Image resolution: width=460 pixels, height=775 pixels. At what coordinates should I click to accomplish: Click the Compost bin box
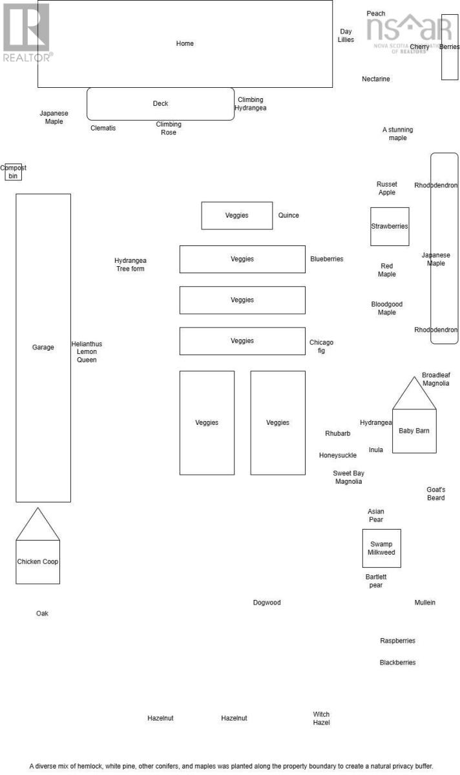tap(13, 172)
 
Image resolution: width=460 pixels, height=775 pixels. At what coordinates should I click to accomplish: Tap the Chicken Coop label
tap(37, 562)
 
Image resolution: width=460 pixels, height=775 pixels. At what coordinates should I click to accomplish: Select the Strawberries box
tap(390, 227)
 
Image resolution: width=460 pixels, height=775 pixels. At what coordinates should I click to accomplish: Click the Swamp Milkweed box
tap(381, 548)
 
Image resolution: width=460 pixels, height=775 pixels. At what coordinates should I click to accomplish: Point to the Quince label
tap(289, 216)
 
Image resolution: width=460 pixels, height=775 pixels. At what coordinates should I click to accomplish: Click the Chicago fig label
tap(321, 347)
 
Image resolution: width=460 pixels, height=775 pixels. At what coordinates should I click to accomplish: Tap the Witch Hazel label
tap(321, 719)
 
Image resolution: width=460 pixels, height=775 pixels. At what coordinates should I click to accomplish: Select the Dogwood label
tap(267, 603)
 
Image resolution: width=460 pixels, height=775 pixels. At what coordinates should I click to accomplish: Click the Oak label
tap(42, 614)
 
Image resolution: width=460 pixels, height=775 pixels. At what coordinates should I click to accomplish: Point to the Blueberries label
tap(327, 259)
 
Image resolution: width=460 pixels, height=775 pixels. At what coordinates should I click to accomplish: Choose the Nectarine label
tap(376, 79)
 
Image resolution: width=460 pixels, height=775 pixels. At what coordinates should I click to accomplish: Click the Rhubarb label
tap(338, 434)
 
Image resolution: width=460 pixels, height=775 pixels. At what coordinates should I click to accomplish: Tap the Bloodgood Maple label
tap(387, 309)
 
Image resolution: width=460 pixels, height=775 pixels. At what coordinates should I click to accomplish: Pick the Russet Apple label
tap(387, 189)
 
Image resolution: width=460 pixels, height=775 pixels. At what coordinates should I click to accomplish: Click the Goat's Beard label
tap(436, 494)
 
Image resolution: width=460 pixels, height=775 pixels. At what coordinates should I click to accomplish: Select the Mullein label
tap(425, 603)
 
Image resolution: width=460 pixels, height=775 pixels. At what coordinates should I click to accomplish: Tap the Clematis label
tap(103, 129)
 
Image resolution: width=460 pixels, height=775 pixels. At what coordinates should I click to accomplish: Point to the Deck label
tap(160, 103)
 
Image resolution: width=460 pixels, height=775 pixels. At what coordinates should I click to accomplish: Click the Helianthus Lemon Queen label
tap(87, 352)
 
